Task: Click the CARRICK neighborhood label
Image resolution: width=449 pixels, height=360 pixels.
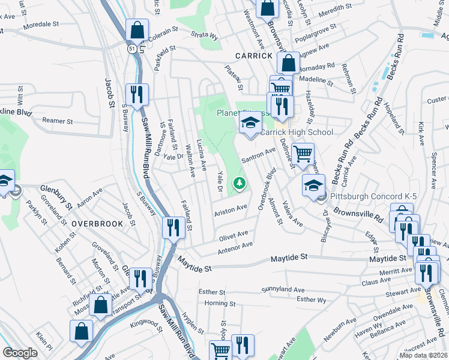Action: click(x=254, y=55)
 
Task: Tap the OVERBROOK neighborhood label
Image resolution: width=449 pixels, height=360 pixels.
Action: click(x=97, y=223)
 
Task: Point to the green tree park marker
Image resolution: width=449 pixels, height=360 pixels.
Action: click(x=240, y=182)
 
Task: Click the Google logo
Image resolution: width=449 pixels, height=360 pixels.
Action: click(x=20, y=353)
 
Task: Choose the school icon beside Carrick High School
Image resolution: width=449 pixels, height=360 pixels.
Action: click(x=250, y=124)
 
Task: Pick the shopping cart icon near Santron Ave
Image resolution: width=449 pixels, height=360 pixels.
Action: click(x=303, y=154)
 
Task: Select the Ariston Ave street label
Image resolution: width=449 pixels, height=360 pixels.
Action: click(x=231, y=210)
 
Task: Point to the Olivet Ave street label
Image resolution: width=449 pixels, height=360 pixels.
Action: click(x=234, y=235)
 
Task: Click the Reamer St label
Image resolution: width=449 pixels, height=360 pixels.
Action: click(x=57, y=121)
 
